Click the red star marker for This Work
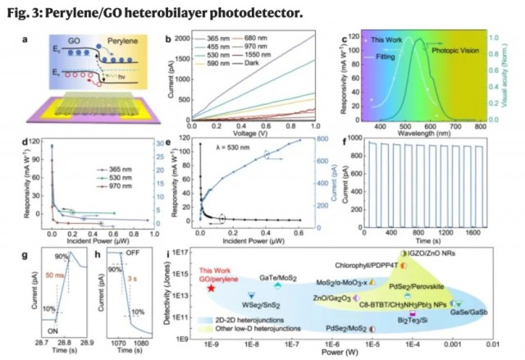(212, 288)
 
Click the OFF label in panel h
(131, 253)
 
